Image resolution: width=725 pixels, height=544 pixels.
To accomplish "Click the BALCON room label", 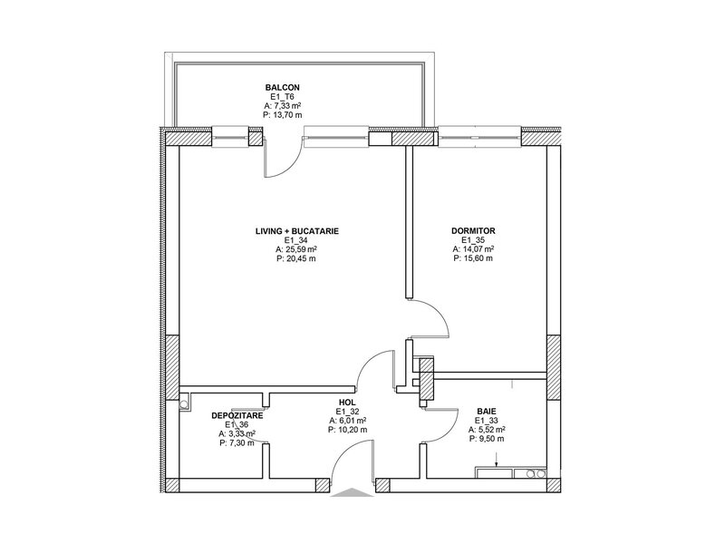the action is coord(282,87).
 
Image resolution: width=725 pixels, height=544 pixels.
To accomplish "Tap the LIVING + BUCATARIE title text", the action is coord(297,231).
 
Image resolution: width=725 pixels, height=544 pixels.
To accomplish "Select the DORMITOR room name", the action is coord(473,231).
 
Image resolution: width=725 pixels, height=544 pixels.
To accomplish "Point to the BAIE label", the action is coord(487,412).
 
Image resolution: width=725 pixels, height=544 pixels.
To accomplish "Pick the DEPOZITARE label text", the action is coord(237,416).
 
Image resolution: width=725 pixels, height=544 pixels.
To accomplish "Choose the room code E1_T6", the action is coord(282,97).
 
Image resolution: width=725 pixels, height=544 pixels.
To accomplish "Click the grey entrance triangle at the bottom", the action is coord(353,493).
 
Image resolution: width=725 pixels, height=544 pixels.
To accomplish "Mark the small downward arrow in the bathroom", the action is coord(496,461).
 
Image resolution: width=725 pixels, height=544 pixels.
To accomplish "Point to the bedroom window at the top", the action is coord(479,138).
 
